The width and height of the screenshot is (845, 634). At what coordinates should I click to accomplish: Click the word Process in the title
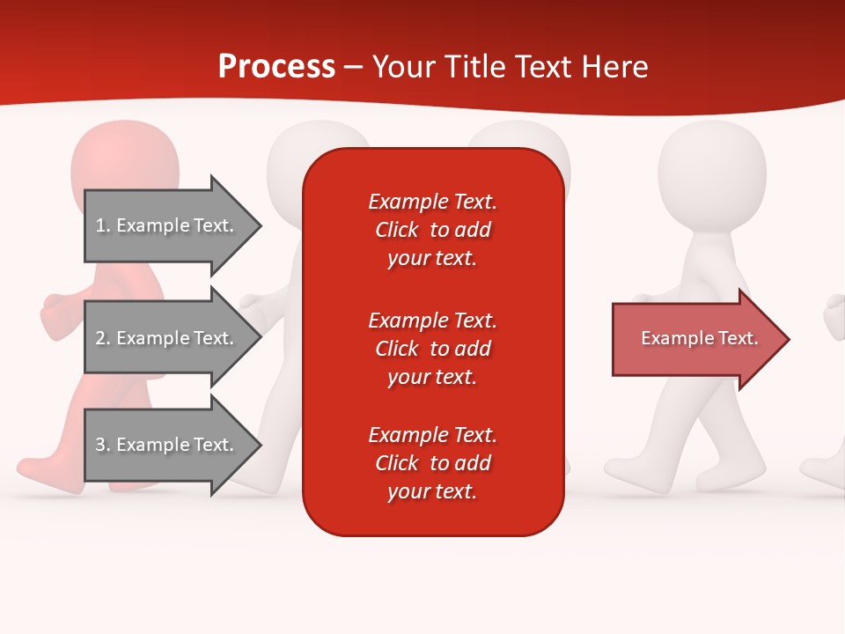(x=276, y=66)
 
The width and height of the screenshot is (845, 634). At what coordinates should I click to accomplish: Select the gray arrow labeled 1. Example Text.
(x=167, y=225)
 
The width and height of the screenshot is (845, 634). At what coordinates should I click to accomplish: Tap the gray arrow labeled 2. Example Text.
(x=167, y=338)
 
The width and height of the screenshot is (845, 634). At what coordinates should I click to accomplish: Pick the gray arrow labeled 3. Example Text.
(x=167, y=445)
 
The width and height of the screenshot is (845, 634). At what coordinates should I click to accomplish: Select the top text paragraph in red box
(x=432, y=230)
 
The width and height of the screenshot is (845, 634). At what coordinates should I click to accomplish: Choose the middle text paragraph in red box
(x=432, y=349)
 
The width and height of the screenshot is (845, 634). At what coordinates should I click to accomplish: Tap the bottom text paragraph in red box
(x=432, y=463)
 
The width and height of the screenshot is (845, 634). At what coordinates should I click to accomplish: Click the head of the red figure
(x=124, y=163)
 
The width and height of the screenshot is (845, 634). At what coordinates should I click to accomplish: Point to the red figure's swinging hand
(x=57, y=313)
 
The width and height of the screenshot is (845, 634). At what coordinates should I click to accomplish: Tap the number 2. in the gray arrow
(x=103, y=338)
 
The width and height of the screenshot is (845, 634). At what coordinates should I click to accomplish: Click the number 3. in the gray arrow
(x=103, y=445)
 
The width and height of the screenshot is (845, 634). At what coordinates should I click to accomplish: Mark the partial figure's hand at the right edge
(x=834, y=317)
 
